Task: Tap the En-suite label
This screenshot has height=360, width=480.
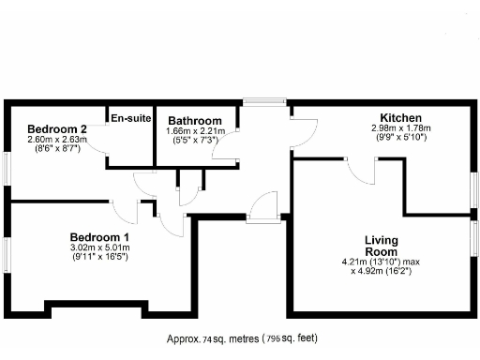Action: tap(130, 118)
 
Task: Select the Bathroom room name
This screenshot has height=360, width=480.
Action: tap(195, 121)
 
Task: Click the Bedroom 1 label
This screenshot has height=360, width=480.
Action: tap(99, 237)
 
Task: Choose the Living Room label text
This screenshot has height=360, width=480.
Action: tap(382, 246)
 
